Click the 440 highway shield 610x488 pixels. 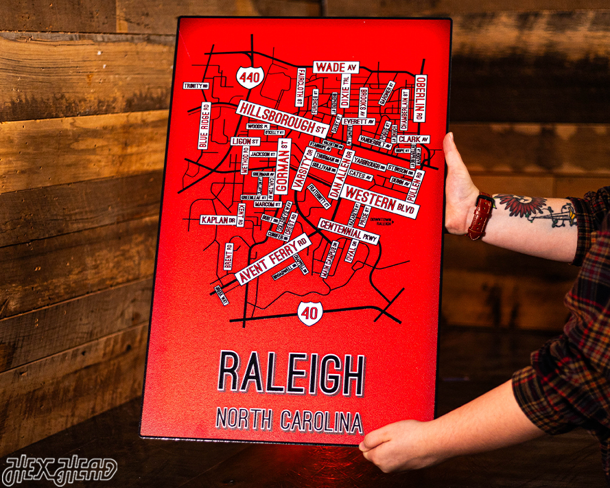click(x=250, y=77)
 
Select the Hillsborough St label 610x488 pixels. click(x=281, y=118)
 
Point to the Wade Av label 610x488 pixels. click(x=336, y=67)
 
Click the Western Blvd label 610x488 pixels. click(x=379, y=200)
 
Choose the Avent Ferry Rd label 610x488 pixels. click(x=272, y=259)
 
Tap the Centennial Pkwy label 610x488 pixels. click(x=349, y=231)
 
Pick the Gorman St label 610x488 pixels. click(x=283, y=167)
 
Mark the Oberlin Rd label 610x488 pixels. click(x=420, y=98)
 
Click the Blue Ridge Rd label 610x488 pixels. click(x=204, y=126)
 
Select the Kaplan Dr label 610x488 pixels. click(x=218, y=220)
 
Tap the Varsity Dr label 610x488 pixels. click(x=302, y=169)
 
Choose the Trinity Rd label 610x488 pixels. click(x=195, y=86)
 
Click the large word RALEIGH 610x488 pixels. click(x=291, y=373)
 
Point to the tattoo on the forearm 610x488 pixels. click(x=536, y=209)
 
